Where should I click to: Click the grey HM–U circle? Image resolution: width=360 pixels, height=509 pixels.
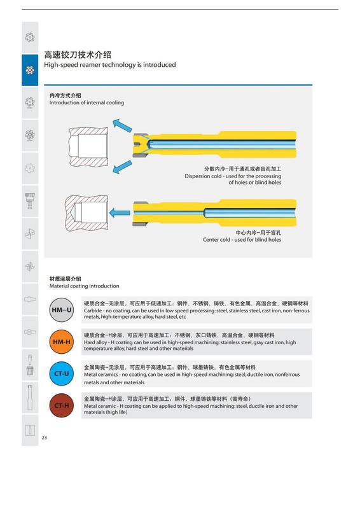tap(61, 310)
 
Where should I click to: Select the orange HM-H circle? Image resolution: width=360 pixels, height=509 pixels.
tap(61, 342)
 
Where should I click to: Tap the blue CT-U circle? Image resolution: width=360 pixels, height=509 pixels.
tap(61, 373)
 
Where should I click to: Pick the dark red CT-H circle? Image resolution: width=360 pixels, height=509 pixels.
tap(61, 405)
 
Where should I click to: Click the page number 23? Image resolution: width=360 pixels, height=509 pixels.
tap(44, 437)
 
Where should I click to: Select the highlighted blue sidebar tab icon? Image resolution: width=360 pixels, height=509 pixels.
tap(30, 70)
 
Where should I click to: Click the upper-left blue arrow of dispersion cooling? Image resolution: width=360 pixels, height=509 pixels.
tap(122, 125)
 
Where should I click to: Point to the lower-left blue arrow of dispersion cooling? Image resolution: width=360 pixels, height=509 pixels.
tap(122, 167)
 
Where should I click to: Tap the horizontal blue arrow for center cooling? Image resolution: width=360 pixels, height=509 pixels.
tap(120, 213)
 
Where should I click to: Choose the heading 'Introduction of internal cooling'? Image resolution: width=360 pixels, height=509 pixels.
tap(87, 102)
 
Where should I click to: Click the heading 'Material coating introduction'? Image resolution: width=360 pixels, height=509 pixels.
tap(85, 286)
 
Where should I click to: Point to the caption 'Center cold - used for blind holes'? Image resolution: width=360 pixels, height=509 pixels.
tap(242, 240)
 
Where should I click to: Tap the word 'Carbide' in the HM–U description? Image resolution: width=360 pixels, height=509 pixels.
tap(93, 310)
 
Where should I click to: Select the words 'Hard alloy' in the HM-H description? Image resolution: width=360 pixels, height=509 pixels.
tap(95, 342)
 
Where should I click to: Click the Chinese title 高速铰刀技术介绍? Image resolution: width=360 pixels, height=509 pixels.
tap(78, 55)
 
